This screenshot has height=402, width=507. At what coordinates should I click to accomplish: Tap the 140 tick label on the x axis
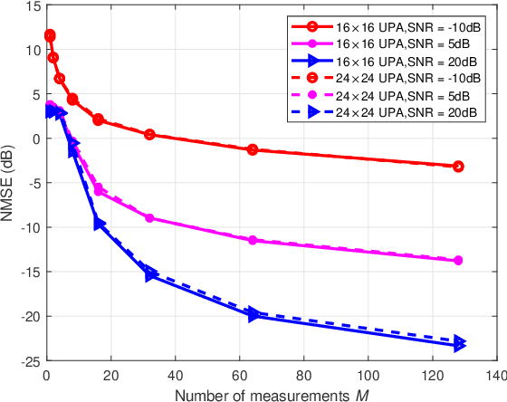pyautogui.click(x=495, y=372)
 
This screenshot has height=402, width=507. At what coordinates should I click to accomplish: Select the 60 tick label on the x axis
pyautogui.click(x=239, y=372)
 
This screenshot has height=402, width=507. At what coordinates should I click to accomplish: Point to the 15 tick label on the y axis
pyautogui.click(x=33, y=6)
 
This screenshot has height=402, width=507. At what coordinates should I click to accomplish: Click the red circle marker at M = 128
pyautogui.click(x=458, y=167)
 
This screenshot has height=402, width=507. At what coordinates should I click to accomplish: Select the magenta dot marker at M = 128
pyautogui.click(x=458, y=261)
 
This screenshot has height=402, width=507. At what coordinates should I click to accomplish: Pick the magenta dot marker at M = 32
pyautogui.click(x=149, y=218)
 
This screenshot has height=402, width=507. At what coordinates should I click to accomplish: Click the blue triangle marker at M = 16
pyautogui.click(x=99, y=224)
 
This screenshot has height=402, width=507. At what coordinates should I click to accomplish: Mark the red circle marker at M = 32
pyautogui.click(x=149, y=135)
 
